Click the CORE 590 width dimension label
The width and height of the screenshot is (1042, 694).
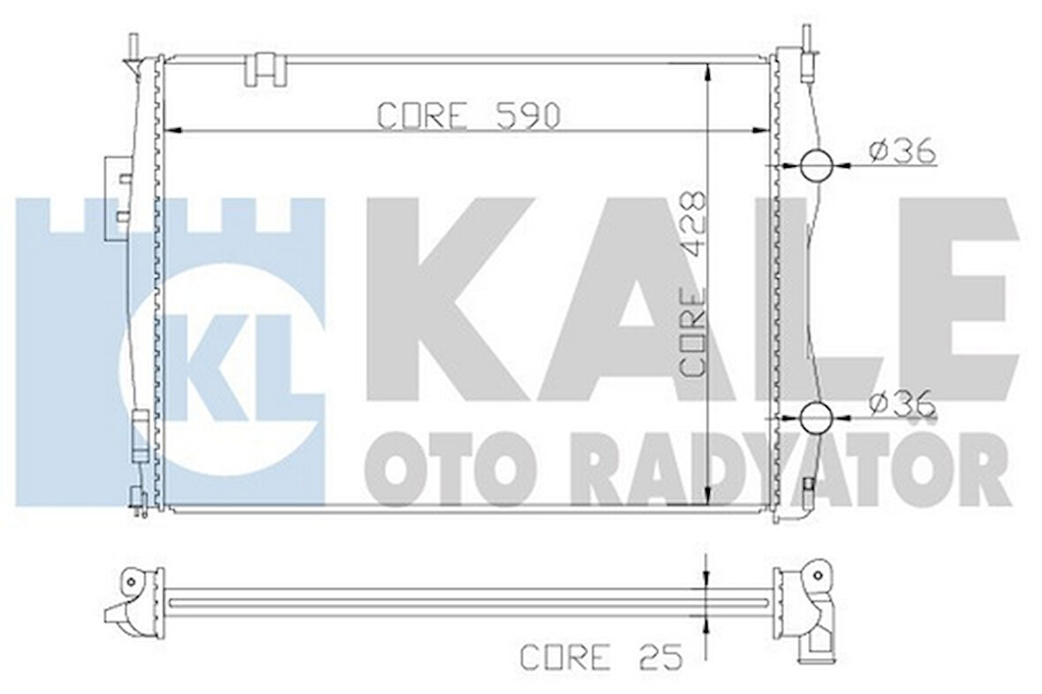pyautogui.click(x=468, y=115)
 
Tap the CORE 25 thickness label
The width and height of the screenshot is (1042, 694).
pyautogui.click(x=601, y=657)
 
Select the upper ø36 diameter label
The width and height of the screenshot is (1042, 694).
pyautogui.click(x=902, y=153)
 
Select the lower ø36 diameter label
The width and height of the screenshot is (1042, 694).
pyautogui.click(x=902, y=404)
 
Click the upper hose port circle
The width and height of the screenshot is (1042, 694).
pyautogui.click(x=816, y=164)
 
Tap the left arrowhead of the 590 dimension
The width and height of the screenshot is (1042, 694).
pyautogui.click(x=174, y=131)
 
